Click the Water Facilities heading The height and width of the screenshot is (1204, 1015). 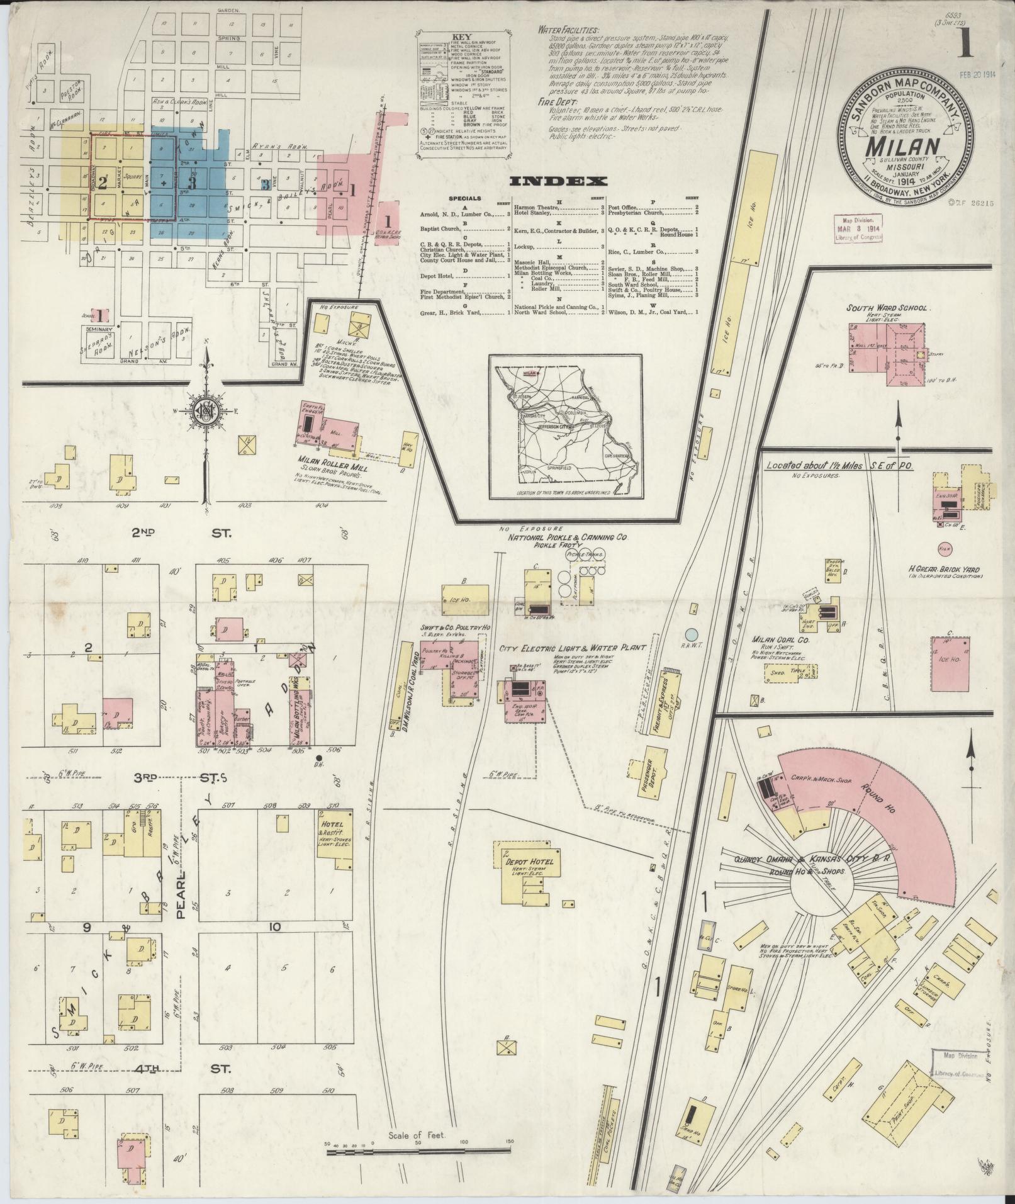[x=568, y=30]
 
